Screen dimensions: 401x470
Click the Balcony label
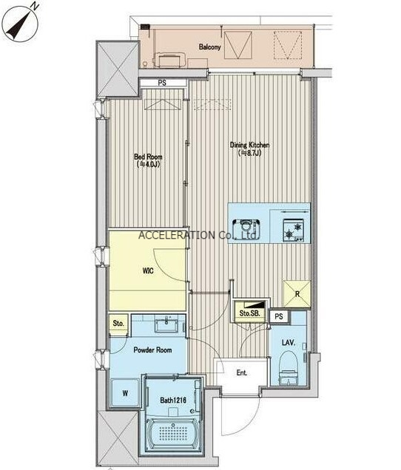tap(209, 47)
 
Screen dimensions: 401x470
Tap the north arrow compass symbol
tap(20, 22)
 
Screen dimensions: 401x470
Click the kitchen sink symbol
tap(246, 228)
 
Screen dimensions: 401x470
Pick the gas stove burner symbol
tap(293, 231)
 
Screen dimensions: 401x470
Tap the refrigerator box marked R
tap(297, 294)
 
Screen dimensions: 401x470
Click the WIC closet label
tap(148, 271)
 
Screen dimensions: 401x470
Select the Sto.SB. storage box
tap(249, 312)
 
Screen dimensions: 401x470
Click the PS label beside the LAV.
tap(278, 316)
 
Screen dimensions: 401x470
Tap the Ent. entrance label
tap(242, 373)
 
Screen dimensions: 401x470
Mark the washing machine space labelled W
tap(125, 393)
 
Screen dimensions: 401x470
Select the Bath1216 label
tap(173, 400)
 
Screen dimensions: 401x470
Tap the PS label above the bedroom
tap(162, 83)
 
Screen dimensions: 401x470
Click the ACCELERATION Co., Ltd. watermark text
tap(198, 235)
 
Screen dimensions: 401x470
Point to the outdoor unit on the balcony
tap(169, 60)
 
